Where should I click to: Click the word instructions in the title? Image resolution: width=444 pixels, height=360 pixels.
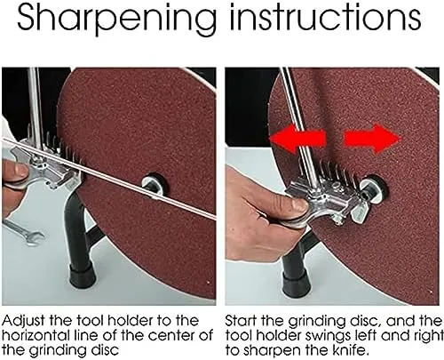pos(325,17)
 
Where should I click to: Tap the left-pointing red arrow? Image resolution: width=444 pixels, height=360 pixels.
pos(298,139)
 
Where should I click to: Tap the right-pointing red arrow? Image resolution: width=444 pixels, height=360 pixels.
pos(372,140)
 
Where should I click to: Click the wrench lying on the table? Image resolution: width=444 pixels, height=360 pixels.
pos(24,233)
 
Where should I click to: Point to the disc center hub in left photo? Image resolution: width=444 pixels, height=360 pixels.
pos(154,185)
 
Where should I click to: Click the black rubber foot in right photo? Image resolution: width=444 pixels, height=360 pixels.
pos(296,282)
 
